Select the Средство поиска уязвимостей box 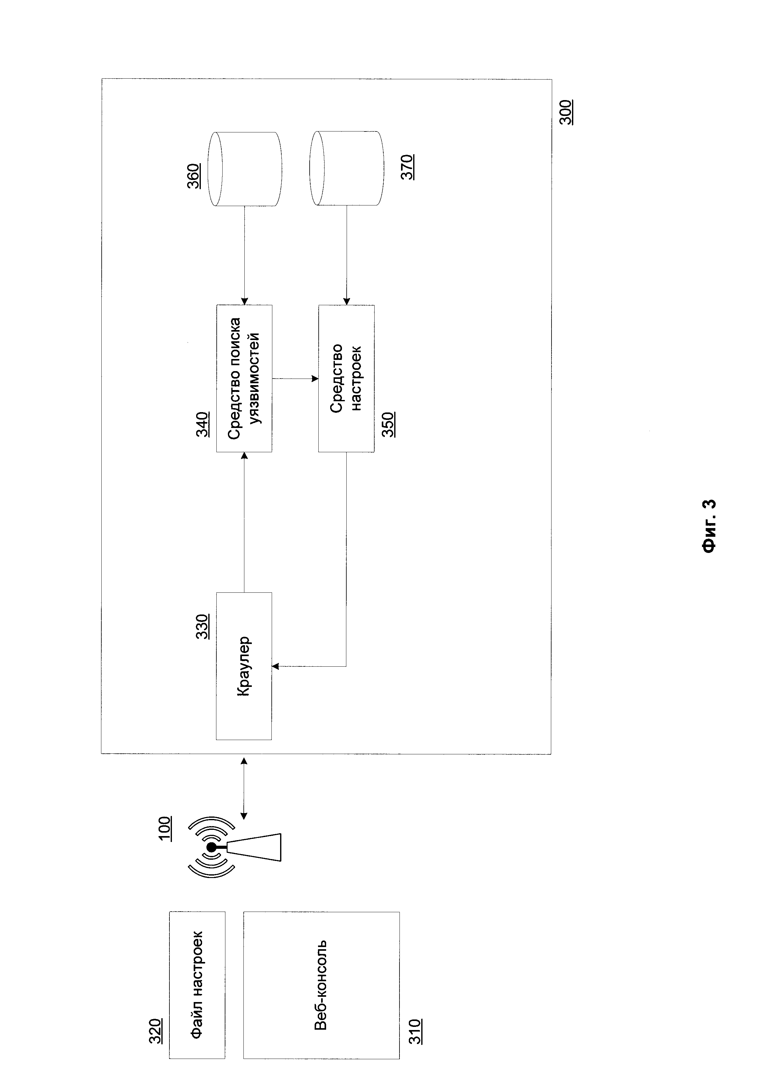(244, 378)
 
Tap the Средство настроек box (346, 378)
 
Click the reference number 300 (566, 112)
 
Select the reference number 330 (203, 626)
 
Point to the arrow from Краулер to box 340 (244, 522)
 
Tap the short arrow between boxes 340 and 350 (295, 378)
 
